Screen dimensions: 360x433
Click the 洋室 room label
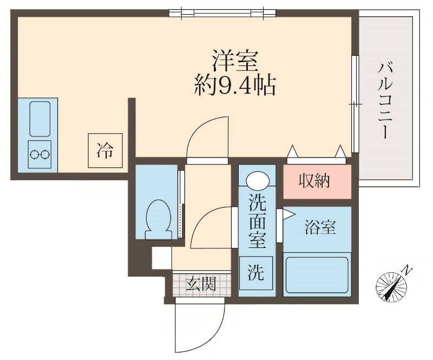[234, 61]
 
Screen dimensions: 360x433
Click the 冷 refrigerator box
[106, 149]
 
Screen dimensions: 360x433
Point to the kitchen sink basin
[40, 119]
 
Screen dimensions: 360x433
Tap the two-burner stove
[40, 154]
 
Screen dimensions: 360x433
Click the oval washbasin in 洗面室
[257, 180]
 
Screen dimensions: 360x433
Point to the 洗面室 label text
[257, 221]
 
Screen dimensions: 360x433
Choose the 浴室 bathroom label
[320, 228]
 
